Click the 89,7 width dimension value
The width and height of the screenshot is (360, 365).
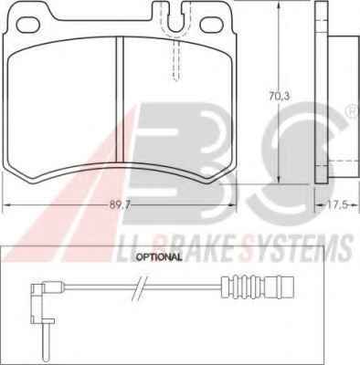pyautogui.click(x=120, y=205)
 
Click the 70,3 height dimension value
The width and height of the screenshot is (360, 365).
pyautogui.click(x=280, y=97)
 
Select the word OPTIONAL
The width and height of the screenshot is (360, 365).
pyautogui.click(x=159, y=257)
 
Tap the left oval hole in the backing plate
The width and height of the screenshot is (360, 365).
pyautogui.click(x=28, y=25)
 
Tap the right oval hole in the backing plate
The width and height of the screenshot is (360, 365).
pyautogui.click(x=211, y=25)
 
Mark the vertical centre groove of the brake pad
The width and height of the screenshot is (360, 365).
pyautogui.click(x=120, y=99)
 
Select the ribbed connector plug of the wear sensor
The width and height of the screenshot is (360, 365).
pyautogui.click(x=259, y=287)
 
